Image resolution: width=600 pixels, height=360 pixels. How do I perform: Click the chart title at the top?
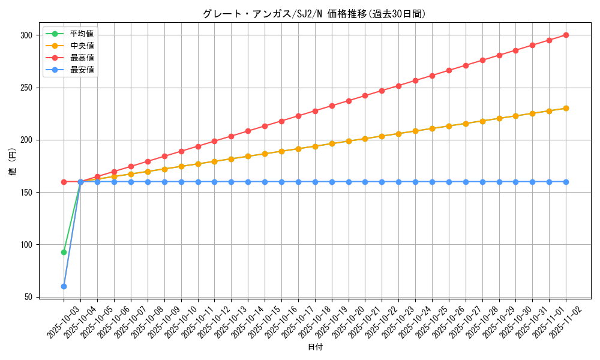coord(314,14)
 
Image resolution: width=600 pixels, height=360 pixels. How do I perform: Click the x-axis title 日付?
coord(315,347)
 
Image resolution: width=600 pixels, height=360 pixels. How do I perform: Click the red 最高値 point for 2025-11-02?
coord(566,35)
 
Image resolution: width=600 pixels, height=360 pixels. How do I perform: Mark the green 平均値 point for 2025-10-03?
coord(64,252)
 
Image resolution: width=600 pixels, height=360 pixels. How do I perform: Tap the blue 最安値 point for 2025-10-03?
coord(64,286)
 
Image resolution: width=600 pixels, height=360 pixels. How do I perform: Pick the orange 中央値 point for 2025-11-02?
coord(566,108)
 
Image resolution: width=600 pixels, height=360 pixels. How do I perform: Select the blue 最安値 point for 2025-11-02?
coord(566,182)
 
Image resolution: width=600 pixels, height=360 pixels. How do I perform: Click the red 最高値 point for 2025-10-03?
coord(64,182)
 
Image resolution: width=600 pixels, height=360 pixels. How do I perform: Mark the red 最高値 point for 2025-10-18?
coord(315,111)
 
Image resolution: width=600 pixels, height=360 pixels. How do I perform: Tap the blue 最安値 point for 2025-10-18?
coord(315,182)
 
